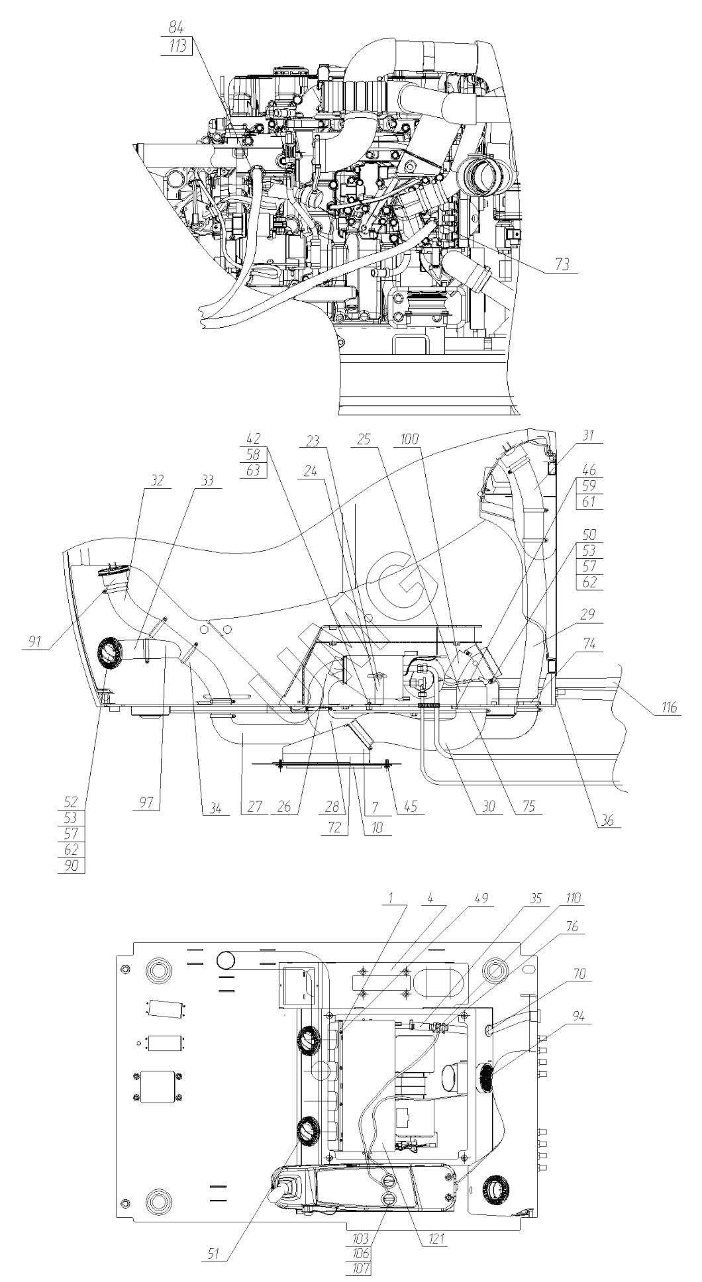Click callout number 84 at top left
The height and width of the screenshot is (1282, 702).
pos(176,28)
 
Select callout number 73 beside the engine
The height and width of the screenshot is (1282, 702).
pos(562,265)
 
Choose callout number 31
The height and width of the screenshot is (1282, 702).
pos(589,436)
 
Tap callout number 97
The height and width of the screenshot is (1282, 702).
pos(144,803)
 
